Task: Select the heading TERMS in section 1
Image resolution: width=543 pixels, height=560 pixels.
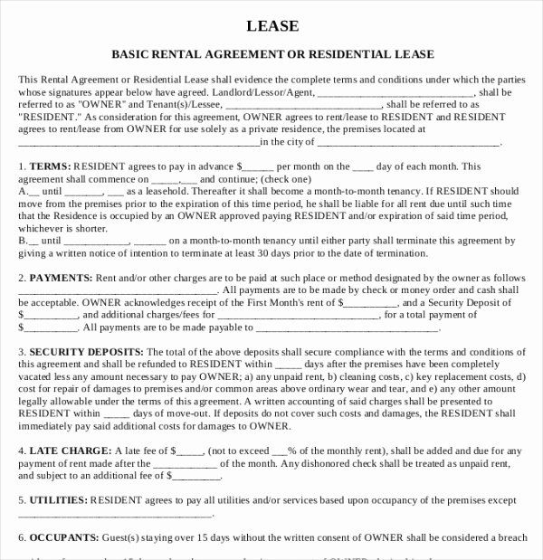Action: coord(49,167)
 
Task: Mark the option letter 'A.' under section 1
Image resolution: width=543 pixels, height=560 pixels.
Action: coord(23,192)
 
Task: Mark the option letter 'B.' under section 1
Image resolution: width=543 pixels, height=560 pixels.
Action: coord(23,242)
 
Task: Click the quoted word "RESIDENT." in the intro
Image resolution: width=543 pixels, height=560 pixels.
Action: coord(48,118)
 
